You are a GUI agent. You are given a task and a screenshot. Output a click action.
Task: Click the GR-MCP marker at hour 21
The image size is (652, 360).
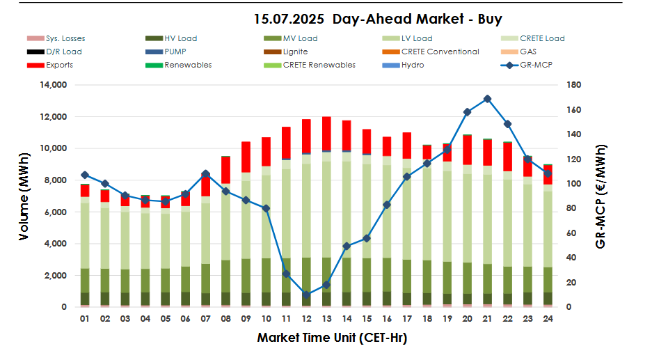click(x=487, y=99)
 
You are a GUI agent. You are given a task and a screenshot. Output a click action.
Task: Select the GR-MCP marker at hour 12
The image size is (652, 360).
click(x=306, y=295)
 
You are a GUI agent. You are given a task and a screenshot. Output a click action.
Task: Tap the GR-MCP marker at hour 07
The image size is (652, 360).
click(x=205, y=174)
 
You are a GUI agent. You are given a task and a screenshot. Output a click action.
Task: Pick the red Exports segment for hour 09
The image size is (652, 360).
click(x=246, y=157)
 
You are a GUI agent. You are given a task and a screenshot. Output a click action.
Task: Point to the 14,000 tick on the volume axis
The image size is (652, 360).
click(x=53, y=85)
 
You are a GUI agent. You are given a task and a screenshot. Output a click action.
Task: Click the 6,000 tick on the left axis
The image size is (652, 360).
click(x=56, y=212)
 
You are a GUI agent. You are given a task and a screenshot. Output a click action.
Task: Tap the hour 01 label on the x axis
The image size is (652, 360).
click(x=84, y=318)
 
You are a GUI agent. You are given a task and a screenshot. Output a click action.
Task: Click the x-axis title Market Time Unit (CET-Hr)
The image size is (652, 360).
click(x=331, y=338)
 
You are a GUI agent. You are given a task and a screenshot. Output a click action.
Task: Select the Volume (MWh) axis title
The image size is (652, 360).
click(x=24, y=196)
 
